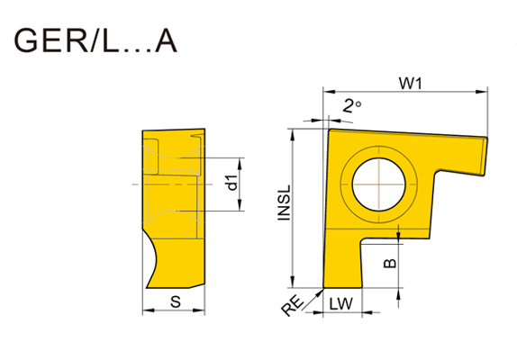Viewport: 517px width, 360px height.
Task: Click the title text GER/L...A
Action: [x=95, y=40]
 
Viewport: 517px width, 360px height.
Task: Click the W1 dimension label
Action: [x=410, y=84]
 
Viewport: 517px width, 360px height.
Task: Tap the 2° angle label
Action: [x=352, y=106]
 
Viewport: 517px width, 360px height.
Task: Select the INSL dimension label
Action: [x=285, y=202]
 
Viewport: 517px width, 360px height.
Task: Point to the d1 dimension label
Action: [x=232, y=183]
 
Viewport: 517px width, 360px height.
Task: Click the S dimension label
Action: [x=176, y=301]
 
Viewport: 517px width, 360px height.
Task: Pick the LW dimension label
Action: [x=341, y=303]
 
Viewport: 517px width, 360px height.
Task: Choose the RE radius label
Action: [x=293, y=306]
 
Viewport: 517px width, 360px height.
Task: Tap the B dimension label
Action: [x=390, y=263]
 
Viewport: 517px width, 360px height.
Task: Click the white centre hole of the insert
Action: [x=378, y=184]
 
